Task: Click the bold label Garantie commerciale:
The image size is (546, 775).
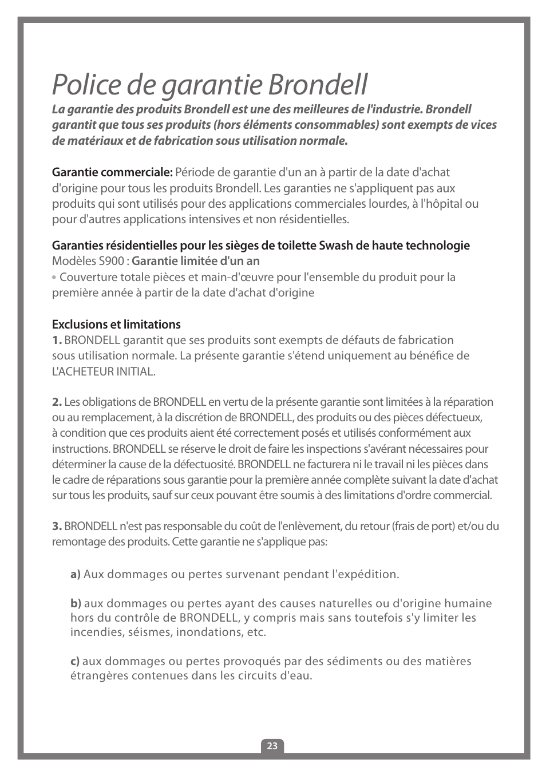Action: (x=112, y=172)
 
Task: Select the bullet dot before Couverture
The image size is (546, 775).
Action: (x=54, y=278)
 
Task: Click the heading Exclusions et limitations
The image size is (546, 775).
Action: (x=116, y=325)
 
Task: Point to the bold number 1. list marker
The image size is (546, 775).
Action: (x=57, y=340)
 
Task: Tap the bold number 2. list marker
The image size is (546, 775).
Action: (x=57, y=402)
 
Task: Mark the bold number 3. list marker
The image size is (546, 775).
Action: (x=57, y=526)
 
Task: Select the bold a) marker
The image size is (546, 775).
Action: (x=76, y=574)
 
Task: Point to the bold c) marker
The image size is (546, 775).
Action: (x=75, y=661)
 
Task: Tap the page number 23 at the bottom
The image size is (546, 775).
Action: (x=272, y=746)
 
